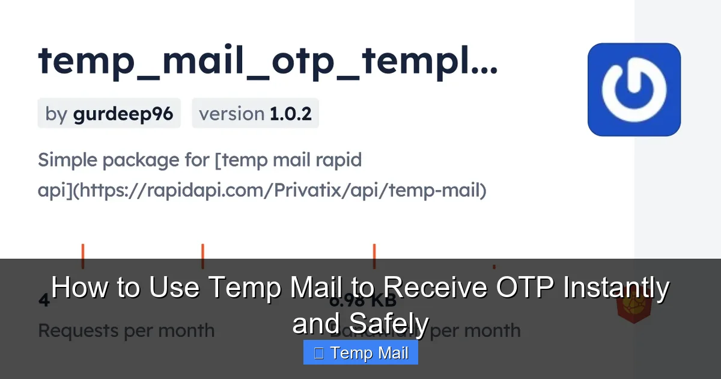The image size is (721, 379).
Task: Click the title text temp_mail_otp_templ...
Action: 267,61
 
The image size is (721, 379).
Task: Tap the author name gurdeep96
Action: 123,114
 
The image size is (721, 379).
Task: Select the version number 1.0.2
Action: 290,114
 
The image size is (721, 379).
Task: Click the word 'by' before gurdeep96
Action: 56,114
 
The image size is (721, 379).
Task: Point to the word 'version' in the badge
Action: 231,114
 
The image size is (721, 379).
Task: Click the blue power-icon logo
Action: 634,89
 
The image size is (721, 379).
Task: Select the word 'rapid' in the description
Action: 339,161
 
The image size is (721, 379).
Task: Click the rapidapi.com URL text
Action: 282,191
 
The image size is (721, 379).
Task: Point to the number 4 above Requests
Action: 44,300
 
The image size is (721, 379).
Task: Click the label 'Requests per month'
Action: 126,330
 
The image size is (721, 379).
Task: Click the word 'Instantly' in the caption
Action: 615,288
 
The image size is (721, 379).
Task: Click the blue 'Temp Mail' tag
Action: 360,353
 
